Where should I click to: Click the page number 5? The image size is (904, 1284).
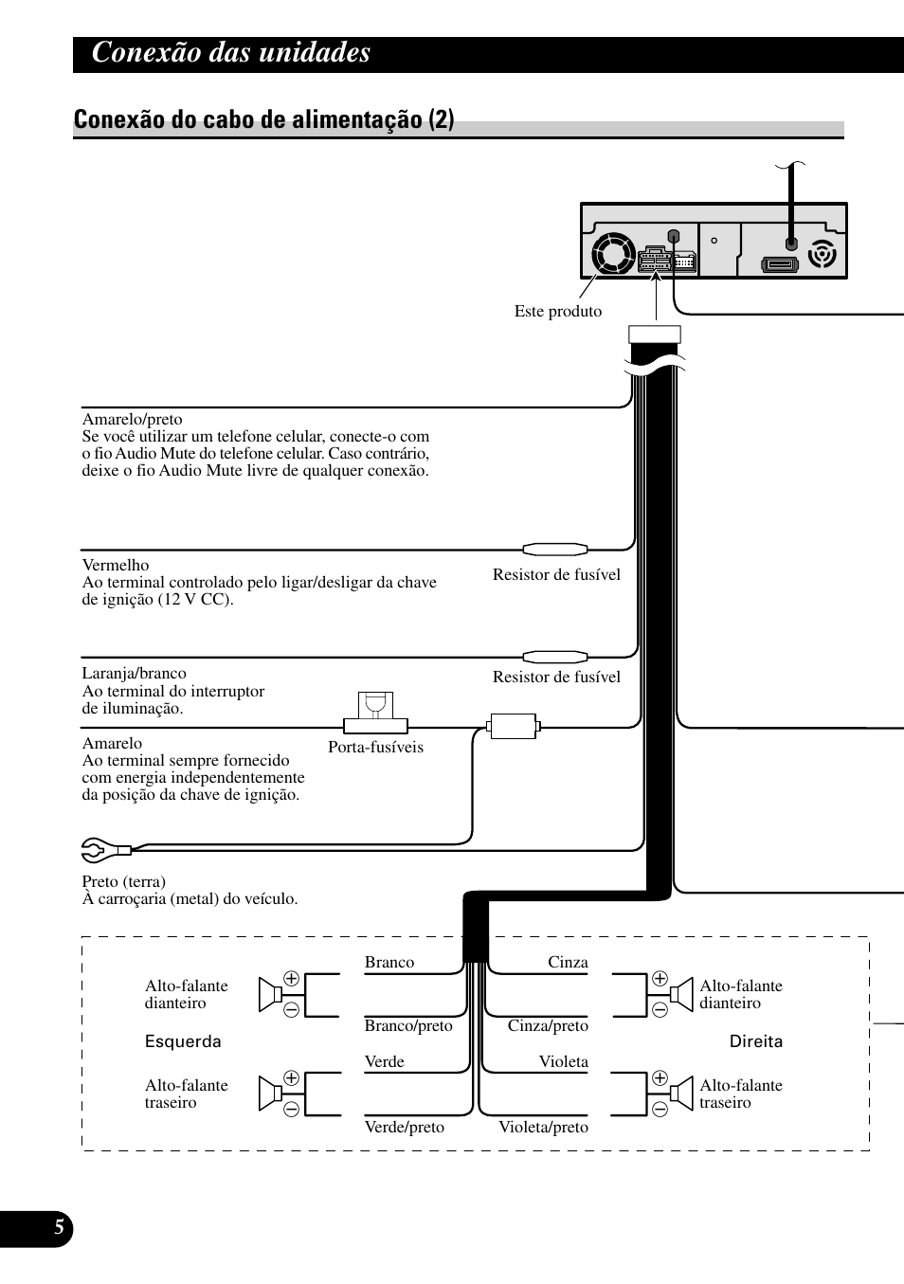[59, 1227]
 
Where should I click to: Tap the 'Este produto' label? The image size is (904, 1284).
[558, 311]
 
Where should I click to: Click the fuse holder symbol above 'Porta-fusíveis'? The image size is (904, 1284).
[375, 713]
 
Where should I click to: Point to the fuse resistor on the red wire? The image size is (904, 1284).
[555, 550]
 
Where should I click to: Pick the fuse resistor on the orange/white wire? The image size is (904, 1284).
[555, 657]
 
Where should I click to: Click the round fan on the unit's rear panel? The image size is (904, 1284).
[613, 253]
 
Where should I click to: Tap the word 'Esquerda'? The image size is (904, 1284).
[183, 1041]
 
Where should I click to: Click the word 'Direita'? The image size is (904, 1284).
[755, 1041]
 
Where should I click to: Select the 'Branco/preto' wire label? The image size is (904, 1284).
[408, 1025]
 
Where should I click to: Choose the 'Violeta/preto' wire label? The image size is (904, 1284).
[543, 1127]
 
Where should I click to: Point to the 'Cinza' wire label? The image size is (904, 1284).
[568, 962]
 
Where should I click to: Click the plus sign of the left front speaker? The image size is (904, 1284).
[291, 978]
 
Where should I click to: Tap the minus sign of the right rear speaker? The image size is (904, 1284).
[660, 1109]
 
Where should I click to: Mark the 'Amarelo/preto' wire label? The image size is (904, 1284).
[132, 419]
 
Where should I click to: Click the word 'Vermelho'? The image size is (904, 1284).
[116, 565]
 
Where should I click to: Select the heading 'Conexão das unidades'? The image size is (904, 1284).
[231, 52]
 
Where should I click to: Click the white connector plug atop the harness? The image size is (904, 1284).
[655, 335]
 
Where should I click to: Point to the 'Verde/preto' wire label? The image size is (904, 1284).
[404, 1127]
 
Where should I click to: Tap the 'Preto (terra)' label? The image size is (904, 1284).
[124, 881]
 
